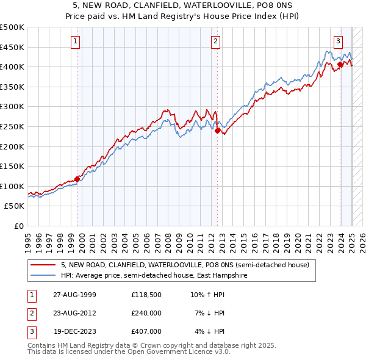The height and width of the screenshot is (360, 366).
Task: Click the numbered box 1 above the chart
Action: click(x=74, y=41)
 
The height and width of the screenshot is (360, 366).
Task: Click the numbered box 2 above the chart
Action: click(x=216, y=41)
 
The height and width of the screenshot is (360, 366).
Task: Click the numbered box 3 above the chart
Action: click(x=338, y=41)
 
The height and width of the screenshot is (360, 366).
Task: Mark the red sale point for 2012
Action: click(x=217, y=130)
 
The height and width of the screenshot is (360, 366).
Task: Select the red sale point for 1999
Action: click(x=77, y=179)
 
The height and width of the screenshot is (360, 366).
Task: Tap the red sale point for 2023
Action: click(x=340, y=64)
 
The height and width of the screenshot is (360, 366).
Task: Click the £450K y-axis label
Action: click(x=12, y=47)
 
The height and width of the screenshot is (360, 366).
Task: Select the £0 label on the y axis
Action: click(x=19, y=226)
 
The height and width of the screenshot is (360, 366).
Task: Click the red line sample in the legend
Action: click(x=43, y=265)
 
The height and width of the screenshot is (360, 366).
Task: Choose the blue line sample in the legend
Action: click(x=43, y=275)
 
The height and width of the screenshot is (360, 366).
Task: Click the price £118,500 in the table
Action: click(x=146, y=295)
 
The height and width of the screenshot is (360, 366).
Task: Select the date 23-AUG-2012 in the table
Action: click(x=75, y=313)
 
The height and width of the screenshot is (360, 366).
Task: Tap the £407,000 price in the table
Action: click(x=146, y=331)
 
